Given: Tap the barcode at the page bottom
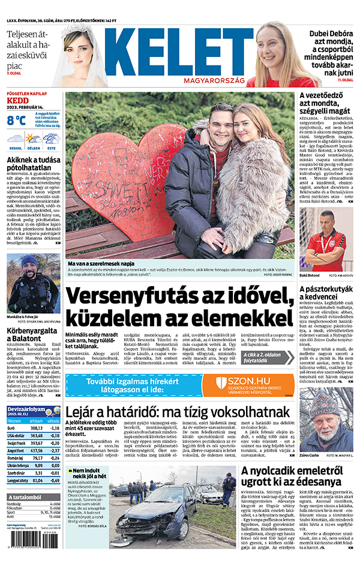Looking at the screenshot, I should pyautogui.click(x=25, y=549).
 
